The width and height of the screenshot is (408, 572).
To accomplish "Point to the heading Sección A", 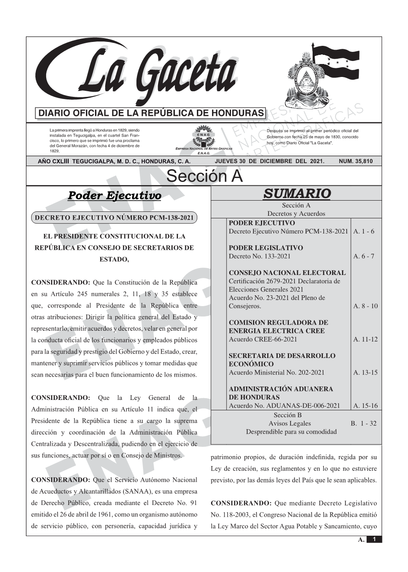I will (x=204, y=176).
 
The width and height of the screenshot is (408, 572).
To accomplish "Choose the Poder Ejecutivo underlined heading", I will (x=114, y=195).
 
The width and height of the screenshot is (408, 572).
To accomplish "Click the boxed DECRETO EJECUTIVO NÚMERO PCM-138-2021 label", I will (x=114, y=218).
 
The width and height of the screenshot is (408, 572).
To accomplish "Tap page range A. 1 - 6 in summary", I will (x=364, y=231).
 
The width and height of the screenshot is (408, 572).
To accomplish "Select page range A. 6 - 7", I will (x=364, y=256).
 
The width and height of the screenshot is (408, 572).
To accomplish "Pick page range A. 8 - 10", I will (x=365, y=306).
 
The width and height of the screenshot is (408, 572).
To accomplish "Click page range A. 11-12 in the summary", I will (x=365, y=339).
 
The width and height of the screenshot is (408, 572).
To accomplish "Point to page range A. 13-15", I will (x=365, y=372).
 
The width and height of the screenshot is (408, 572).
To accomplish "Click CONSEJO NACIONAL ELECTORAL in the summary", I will (x=287, y=273).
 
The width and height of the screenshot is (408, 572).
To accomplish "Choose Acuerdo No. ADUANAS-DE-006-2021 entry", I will (x=284, y=406).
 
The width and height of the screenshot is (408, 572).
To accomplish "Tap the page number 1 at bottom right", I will (x=374, y=539).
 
